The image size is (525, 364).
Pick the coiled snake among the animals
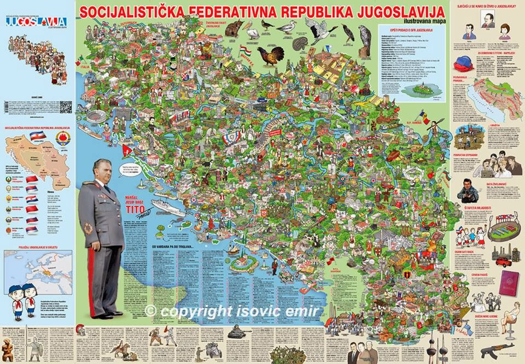pos(300,43)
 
